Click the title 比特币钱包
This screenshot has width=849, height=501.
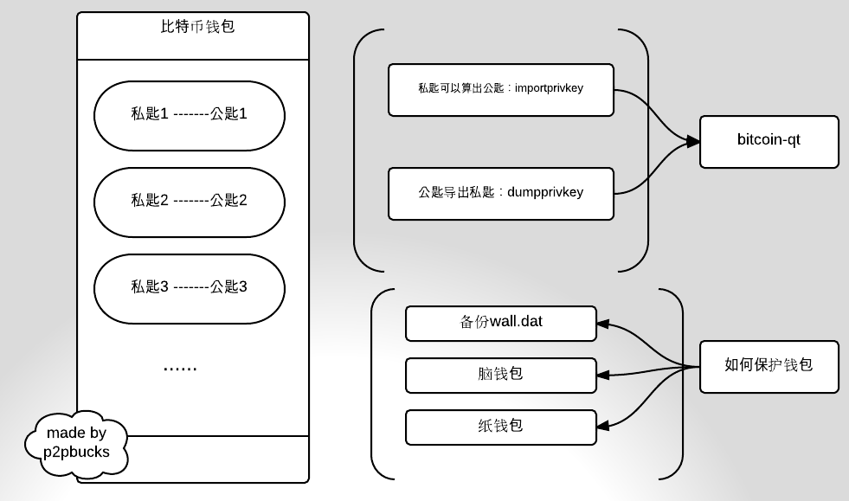coord(192,27)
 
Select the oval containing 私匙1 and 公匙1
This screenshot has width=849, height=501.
coord(189,114)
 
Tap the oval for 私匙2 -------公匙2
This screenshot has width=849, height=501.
coord(189,201)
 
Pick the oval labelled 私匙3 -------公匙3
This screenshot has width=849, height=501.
coord(189,287)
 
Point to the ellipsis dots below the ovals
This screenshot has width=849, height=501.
coord(180,368)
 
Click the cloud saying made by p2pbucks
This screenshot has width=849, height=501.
coord(75,440)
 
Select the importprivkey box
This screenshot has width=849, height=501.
coord(501,89)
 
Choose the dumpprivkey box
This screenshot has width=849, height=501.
coord(501,192)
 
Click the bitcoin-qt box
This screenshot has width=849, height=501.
coord(769,140)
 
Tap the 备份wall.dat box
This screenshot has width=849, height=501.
coord(501,323)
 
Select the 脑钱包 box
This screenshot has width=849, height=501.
coord(501,375)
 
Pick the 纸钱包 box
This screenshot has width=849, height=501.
coord(501,427)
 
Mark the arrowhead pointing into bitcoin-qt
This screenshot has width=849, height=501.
coord(692,140)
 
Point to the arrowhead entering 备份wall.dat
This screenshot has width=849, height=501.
coord(604,325)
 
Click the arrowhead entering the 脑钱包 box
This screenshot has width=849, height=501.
coord(604,375)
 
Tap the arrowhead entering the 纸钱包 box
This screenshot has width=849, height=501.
coord(604,424)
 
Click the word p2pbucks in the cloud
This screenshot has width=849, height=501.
coord(75,450)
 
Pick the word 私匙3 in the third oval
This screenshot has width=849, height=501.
coord(149,287)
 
